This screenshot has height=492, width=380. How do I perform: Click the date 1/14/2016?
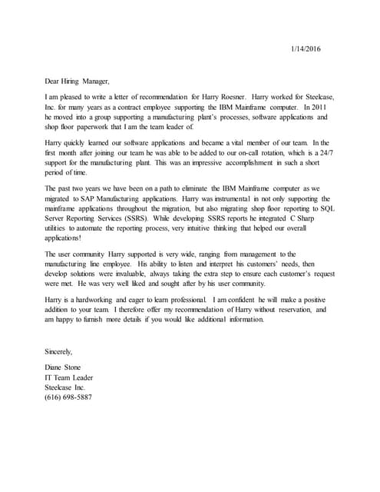point(306,48)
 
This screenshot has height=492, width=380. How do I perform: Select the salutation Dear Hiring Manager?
point(78,81)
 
